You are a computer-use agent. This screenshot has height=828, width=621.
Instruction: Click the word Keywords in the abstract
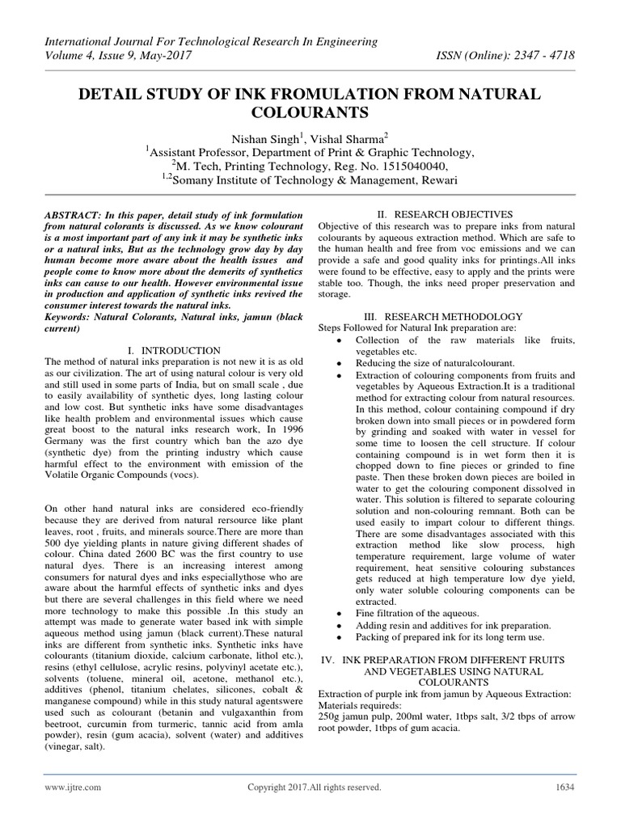(71, 319)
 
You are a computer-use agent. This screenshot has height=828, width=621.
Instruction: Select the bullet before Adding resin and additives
(336, 626)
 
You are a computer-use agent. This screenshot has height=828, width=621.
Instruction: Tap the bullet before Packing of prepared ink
(336, 640)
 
